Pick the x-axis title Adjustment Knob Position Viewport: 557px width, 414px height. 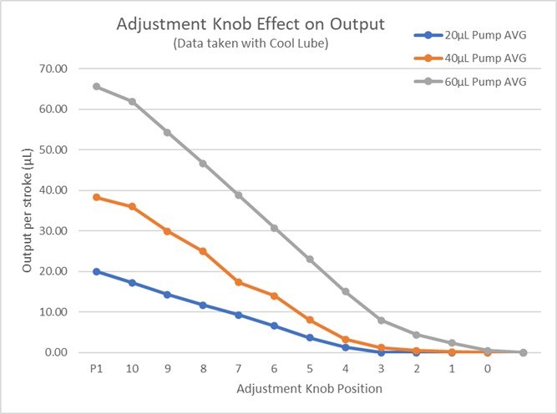pos(309,389)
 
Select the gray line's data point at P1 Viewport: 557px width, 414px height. pos(96,86)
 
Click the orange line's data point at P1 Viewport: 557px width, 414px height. pos(96,197)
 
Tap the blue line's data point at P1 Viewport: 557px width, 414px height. pos(96,271)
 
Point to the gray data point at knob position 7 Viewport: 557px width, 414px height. pos(238,195)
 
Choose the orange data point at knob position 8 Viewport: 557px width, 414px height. pos(203,251)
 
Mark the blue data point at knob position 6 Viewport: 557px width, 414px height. pos(274,326)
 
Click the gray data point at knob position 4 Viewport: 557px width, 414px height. pos(345,291)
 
